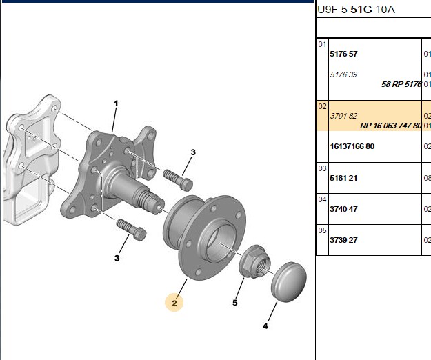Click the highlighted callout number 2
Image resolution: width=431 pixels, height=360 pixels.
coord(174,303)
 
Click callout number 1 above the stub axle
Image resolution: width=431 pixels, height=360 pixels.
coord(116,103)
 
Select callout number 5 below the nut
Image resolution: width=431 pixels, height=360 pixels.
coord(234,303)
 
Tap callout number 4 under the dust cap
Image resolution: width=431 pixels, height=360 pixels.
coord(265,326)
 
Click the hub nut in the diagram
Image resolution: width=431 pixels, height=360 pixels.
coord(254,261)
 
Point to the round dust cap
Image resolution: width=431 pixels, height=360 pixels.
coord(289,282)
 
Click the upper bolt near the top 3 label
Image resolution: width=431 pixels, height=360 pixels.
coord(178,180)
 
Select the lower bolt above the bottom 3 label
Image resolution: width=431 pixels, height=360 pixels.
coord(132,230)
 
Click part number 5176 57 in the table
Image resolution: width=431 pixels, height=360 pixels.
coord(343,54)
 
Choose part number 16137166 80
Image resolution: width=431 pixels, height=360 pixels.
coord(352,146)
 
